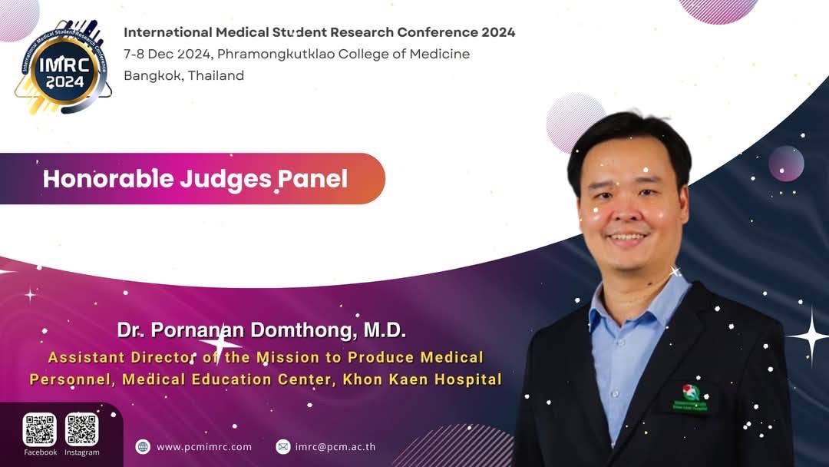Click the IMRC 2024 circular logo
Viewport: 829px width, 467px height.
[x=64, y=67]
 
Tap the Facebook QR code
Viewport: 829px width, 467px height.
[x=40, y=429]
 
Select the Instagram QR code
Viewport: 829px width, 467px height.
[x=82, y=429]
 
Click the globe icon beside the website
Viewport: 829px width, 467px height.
[x=143, y=447]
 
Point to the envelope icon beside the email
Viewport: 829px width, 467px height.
[x=282, y=447]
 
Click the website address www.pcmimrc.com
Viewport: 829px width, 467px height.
[x=204, y=447]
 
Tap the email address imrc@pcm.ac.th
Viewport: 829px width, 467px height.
[x=335, y=447]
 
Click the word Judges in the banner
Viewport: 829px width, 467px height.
[x=226, y=180]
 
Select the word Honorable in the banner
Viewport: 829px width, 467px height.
[x=108, y=179]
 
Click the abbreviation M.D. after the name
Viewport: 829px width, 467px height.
[x=385, y=330]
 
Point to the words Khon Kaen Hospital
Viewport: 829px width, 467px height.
[x=422, y=379]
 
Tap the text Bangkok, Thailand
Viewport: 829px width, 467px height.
[x=184, y=75]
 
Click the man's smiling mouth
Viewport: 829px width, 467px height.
[x=627, y=237]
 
